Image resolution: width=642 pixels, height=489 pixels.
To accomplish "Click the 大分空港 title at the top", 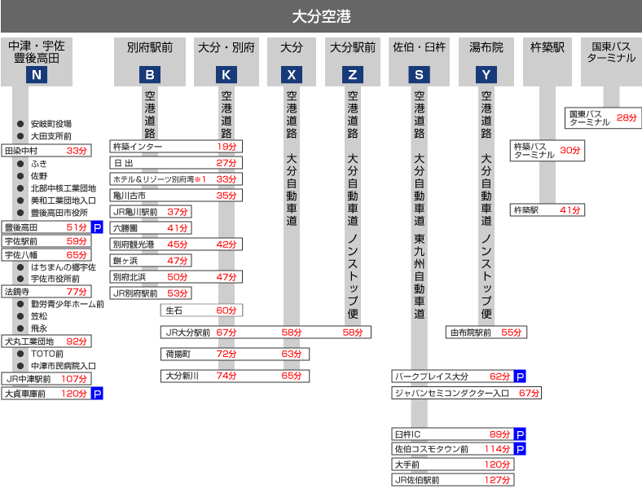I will point(321,16).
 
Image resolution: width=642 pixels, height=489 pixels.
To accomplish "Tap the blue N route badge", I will point(35,75).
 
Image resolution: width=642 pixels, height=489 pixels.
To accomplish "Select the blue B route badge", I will point(149,75).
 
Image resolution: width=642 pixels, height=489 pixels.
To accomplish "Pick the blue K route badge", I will point(226,75).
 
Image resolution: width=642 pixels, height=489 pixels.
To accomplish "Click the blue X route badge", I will point(292,75).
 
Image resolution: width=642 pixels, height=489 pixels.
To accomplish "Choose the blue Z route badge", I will point(353,75).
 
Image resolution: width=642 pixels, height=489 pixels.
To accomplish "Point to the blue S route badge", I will point(419,75).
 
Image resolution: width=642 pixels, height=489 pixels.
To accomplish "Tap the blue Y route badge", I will point(486,75).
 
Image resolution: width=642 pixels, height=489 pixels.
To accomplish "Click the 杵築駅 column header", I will point(547,47).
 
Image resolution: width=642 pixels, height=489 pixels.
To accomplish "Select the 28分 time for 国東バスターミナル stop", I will point(627,117).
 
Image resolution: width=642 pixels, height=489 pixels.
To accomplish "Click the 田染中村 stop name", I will point(22,151).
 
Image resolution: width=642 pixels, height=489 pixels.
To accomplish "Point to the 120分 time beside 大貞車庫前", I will point(74,394).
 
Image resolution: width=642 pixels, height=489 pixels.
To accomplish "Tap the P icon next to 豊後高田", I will point(97,227).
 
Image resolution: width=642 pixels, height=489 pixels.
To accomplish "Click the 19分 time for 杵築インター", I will point(226,147).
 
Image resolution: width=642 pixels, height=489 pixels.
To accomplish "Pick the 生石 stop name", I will point(174,311).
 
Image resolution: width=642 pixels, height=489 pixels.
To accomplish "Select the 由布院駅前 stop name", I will point(472,333).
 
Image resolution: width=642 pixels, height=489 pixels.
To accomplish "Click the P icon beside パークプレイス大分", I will point(520,377).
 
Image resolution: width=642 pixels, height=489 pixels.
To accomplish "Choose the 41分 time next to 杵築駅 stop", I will point(570,210).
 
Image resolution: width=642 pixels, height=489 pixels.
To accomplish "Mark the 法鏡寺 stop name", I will point(17,291).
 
